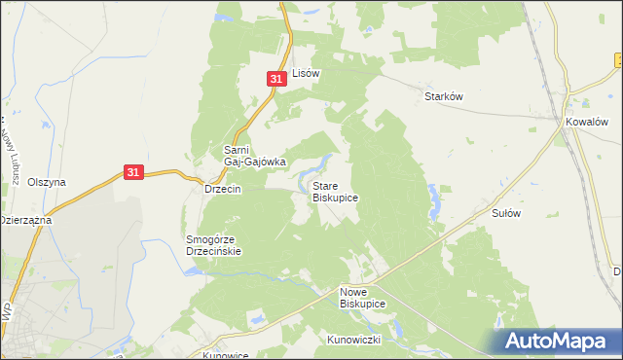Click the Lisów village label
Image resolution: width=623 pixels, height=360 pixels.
(x=307, y=73)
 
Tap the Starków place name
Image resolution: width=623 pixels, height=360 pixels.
(x=443, y=96)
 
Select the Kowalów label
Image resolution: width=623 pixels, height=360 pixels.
(x=588, y=123)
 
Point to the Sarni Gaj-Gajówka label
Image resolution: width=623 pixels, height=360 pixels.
(x=254, y=156)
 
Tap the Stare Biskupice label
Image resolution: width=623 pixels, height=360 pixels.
(x=335, y=191)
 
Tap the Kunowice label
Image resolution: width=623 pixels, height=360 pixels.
(x=226, y=355)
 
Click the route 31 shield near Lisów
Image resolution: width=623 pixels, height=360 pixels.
(x=277, y=78)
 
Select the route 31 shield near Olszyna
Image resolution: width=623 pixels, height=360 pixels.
(x=135, y=171)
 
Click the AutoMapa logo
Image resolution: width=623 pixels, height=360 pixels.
(x=560, y=341)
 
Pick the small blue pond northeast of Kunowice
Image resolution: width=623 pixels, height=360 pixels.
(x=256, y=317)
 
